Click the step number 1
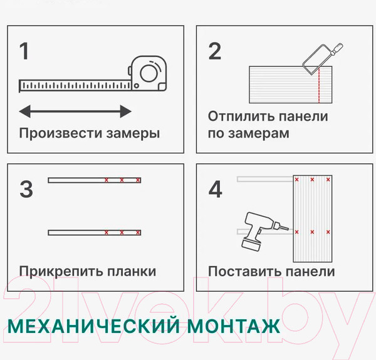[24, 51]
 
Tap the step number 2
[215, 51]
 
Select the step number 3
[26, 189]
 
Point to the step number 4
[216, 189]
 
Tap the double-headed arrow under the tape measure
[75, 111]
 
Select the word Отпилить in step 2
[241, 116]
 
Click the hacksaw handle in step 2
[337, 49]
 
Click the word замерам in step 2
[259, 133]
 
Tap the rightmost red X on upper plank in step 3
[138, 180]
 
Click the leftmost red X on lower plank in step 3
[107, 232]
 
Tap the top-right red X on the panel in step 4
[328, 180]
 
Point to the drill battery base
[251, 245]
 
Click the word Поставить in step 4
[245, 271]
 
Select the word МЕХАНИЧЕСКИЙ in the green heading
[93, 326]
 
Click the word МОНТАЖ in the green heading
[234, 326]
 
